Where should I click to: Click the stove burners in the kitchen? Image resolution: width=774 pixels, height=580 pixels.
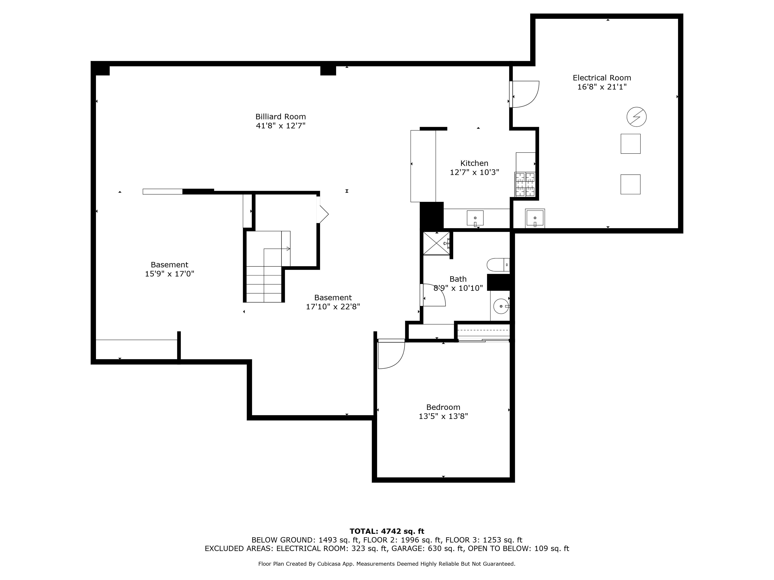click(525, 184)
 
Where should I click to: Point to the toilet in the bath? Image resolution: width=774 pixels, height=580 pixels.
click(497, 265)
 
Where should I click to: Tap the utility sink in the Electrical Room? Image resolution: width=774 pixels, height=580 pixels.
click(535, 218)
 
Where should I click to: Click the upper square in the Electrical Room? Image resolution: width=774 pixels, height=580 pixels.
click(630, 144)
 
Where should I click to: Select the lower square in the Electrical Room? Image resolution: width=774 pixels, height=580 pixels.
click(630, 184)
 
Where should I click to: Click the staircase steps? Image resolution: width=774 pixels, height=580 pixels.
click(264, 284)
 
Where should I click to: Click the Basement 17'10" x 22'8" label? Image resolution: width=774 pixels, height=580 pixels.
click(333, 302)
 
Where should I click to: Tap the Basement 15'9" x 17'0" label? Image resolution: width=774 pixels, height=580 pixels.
click(169, 269)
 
